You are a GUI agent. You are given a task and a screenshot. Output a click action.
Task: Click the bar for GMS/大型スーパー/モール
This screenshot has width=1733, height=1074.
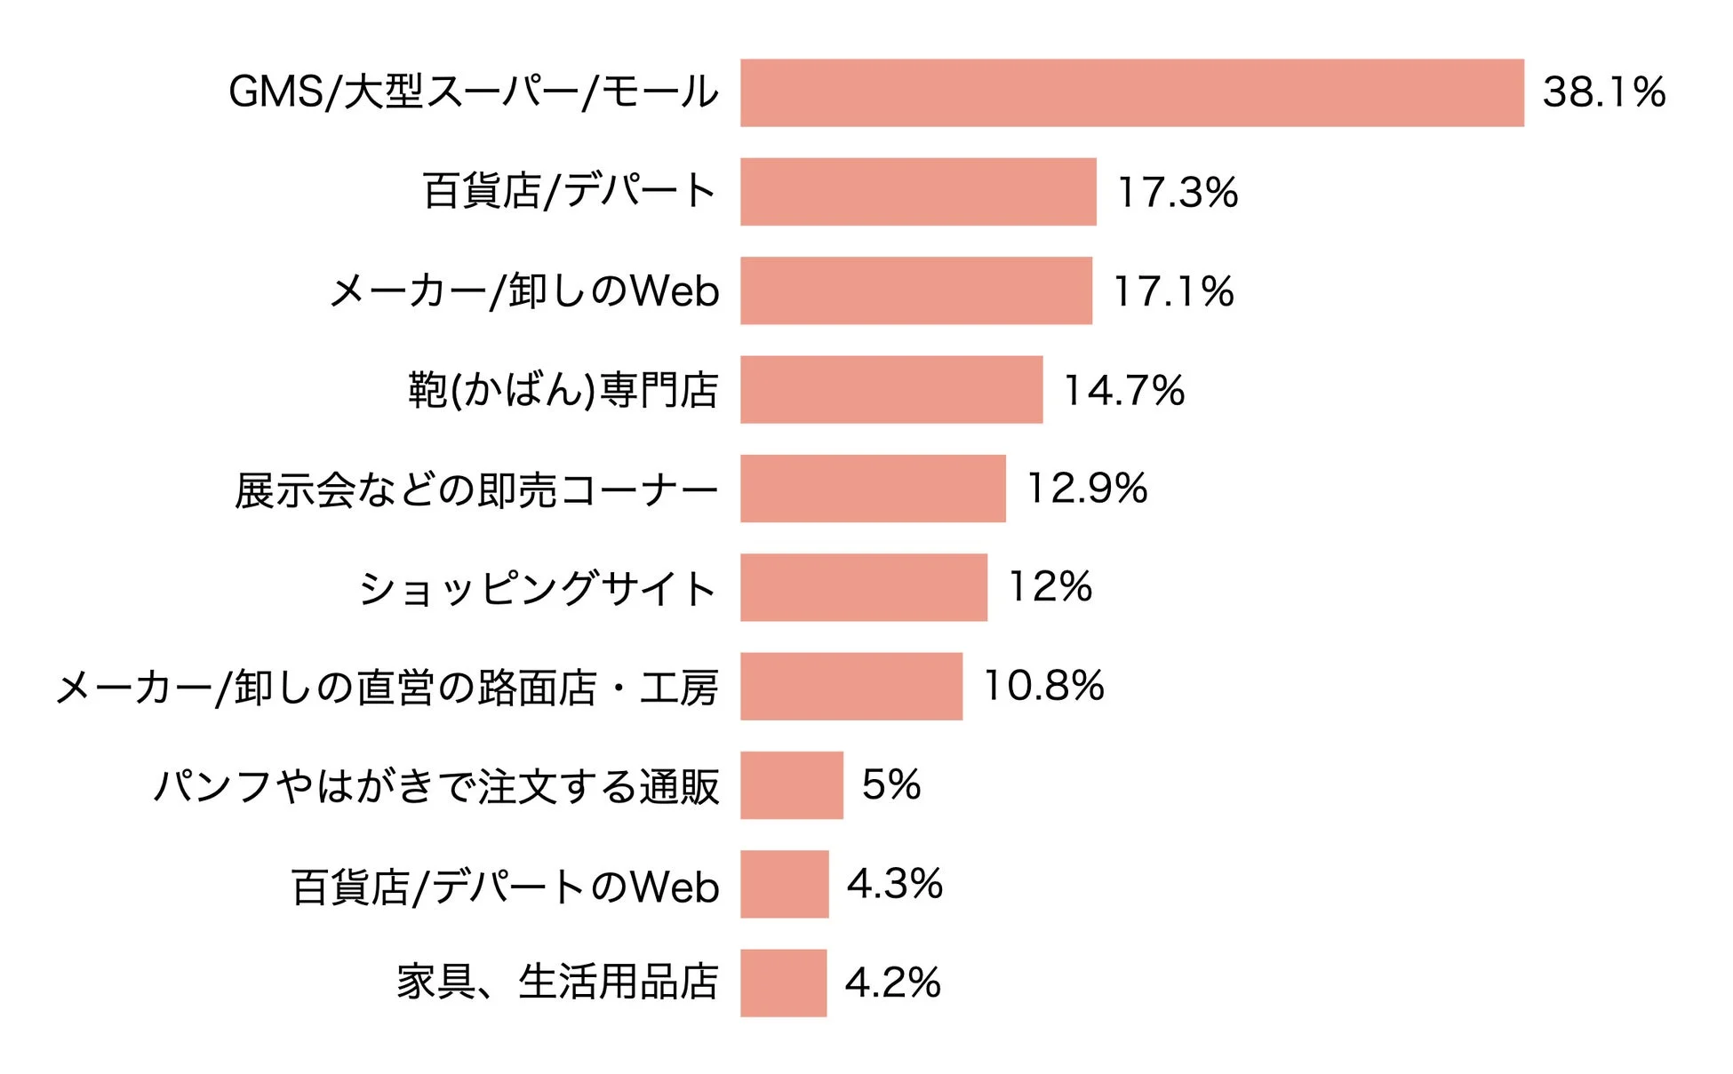pyautogui.click(x=1131, y=92)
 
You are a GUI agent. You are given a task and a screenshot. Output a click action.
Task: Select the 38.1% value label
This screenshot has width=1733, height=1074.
pyautogui.click(x=1603, y=92)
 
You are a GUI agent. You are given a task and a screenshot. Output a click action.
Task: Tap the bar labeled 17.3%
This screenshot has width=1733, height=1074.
pyautogui.click(x=918, y=192)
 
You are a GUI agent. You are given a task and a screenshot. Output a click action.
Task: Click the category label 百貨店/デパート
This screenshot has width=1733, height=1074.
pyautogui.click(x=569, y=191)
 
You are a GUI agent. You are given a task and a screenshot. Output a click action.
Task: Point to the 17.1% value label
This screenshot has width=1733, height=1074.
pyautogui.click(x=1173, y=291)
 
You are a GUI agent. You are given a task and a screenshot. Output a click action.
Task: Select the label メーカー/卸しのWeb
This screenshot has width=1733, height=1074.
pyautogui.click(x=524, y=291)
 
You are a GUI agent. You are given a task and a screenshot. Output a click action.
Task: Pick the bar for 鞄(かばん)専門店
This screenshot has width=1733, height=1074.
pyautogui.click(x=891, y=390)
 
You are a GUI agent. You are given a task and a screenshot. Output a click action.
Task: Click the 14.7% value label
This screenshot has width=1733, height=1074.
pyautogui.click(x=1124, y=391)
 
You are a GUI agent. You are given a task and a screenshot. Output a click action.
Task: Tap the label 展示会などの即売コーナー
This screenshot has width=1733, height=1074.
pyautogui.click(x=476, y=489)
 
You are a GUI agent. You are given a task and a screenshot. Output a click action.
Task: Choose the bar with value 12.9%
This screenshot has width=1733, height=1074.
pyautogui.click(x=873, y=489)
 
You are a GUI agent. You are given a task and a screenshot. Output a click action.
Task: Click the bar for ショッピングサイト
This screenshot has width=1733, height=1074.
pyautogui.click(x=863, y=587)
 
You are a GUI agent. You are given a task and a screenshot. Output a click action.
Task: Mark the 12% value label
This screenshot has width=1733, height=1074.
pyautogui.click(x=1050, y=587)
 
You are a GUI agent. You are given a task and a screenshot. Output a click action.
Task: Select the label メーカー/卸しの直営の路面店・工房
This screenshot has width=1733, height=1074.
pyautogui.click(x=387, y=688)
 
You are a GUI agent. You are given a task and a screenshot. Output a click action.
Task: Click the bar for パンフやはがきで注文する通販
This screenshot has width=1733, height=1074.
pyautogui.click(x=791, y=785)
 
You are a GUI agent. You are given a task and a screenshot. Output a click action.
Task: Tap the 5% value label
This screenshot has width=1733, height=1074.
pyautogui.click(x=891, y=785)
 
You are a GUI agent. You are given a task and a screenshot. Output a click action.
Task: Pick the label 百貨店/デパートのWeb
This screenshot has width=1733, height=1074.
pyautogui.click(x=505, y=887)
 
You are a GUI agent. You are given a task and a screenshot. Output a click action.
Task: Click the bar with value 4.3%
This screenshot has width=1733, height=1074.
pyautogui.click(x=784, y=884)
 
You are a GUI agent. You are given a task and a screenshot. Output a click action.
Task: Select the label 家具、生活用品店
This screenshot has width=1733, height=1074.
pyautogui.click(x=557, y=983)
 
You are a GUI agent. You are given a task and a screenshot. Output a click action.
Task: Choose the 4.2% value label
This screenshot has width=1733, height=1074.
pyautogui.click(x=892, y=983)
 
